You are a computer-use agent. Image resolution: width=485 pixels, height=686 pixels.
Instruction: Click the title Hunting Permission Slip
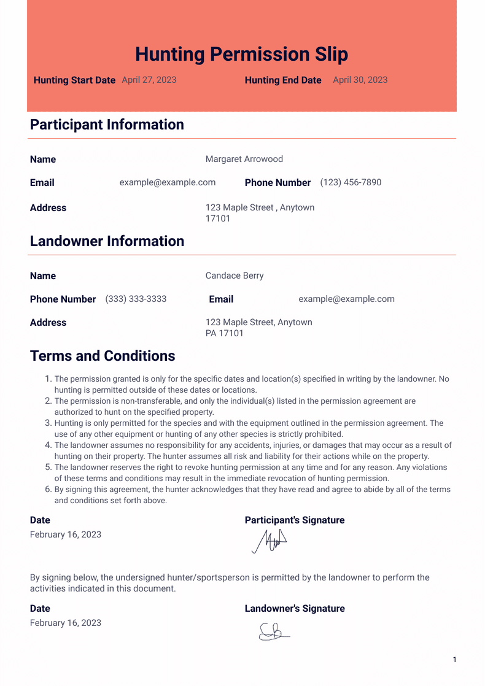[x=241, y=54]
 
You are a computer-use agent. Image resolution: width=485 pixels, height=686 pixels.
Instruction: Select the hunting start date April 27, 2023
[x=149, y=80]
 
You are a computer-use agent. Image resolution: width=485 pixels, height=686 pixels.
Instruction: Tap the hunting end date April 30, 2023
[x=360, y=80]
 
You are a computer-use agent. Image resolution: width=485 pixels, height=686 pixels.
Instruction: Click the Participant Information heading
[x=107, y=125]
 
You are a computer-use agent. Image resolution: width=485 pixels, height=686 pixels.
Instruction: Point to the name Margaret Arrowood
[x=244, y=159]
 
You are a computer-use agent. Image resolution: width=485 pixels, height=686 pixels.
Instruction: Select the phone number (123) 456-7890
[x=351, y=182]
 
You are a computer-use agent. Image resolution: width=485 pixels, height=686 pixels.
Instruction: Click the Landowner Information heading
[x=107, y=241]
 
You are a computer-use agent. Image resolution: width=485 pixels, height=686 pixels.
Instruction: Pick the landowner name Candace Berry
[x=235, y=276]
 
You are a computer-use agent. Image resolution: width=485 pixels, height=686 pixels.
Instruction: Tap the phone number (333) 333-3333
[x=136, y=299]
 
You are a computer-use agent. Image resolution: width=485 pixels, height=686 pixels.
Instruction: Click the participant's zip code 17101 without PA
[x=218, y=218]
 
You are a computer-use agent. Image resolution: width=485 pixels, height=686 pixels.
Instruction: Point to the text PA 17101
[x=225, y=333]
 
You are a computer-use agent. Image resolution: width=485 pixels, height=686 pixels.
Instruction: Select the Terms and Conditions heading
[x=103, y=356]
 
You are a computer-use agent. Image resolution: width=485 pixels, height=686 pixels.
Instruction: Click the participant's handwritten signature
[x=270, y=541]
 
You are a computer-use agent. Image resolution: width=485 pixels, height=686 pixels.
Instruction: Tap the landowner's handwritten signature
[x=274, y=631]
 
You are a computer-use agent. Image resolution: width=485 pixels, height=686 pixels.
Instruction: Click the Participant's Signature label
[x=295, y=520]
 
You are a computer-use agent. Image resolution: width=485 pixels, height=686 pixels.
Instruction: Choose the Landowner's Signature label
[x=295, y=609]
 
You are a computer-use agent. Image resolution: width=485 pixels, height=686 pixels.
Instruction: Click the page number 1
[x=454, y=660]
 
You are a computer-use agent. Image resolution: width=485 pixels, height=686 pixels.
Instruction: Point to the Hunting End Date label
[x=283, y=80]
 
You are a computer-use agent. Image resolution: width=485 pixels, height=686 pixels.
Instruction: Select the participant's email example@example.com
[x=168, y=182]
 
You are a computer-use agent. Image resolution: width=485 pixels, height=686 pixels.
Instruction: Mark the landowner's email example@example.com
[x=346, y=299]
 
